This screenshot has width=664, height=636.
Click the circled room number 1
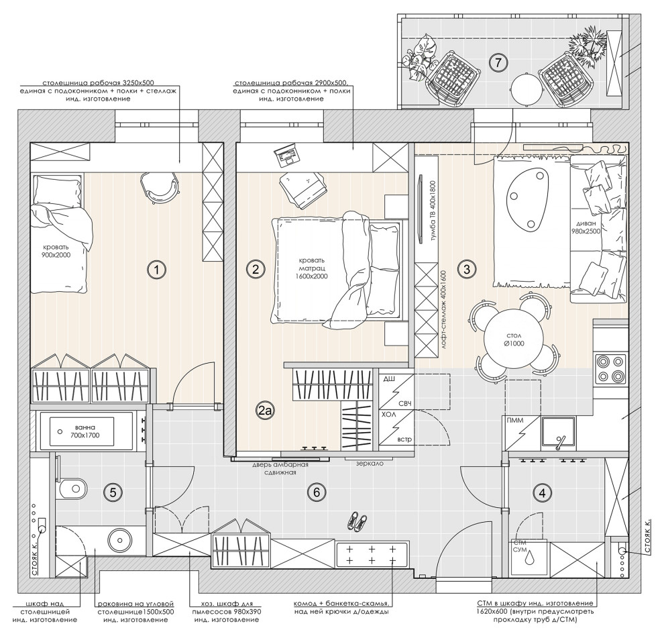click(157, 269)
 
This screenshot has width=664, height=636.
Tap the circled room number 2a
click(266, 410)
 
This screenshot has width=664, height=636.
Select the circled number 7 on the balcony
click(498, 63)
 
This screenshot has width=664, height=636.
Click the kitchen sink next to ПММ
click(558, 432)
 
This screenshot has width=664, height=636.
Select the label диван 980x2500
click(586, 227)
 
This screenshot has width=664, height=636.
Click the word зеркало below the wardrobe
click(370, 464)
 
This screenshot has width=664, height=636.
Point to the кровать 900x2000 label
click(56, 252)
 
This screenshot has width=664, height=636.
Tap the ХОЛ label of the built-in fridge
click(389, 415)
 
